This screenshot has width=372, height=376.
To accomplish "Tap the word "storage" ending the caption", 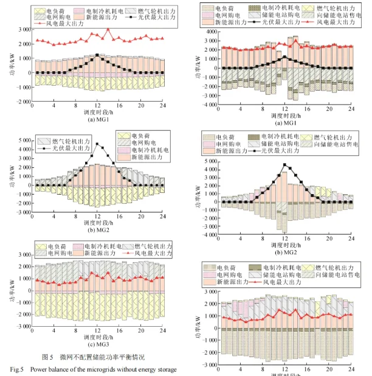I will coord(165,369).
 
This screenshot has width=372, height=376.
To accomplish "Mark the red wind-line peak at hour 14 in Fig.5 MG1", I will coord(108,29).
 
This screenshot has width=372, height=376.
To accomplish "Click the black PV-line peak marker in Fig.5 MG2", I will coord(97,144).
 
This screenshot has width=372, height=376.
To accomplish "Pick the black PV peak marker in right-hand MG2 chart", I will coord(284,164).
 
